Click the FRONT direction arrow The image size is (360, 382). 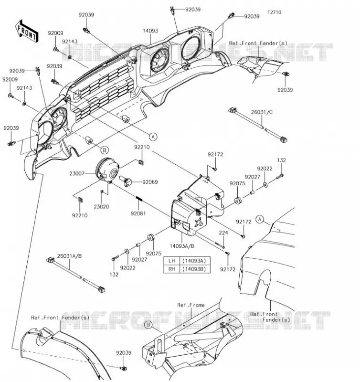point(27,31)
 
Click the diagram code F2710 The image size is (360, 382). point(274,12)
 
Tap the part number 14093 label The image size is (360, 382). point(150,31)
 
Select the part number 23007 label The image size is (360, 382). point(77,173)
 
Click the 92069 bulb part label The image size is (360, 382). point(150,182)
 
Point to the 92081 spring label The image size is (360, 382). point(138,213)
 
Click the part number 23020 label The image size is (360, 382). point(101,207)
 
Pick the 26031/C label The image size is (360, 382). point(262,112)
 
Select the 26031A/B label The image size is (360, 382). point(69,256)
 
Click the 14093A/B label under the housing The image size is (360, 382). point(182,246)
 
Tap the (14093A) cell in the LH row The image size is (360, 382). point(194,261)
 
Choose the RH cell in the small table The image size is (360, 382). point(172,269)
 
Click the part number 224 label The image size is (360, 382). point(223,233)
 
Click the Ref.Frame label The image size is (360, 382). point(191,305)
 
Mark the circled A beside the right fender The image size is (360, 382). point(260,219)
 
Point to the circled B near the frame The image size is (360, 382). point(148,325)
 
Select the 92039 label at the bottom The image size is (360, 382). point(124,352)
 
